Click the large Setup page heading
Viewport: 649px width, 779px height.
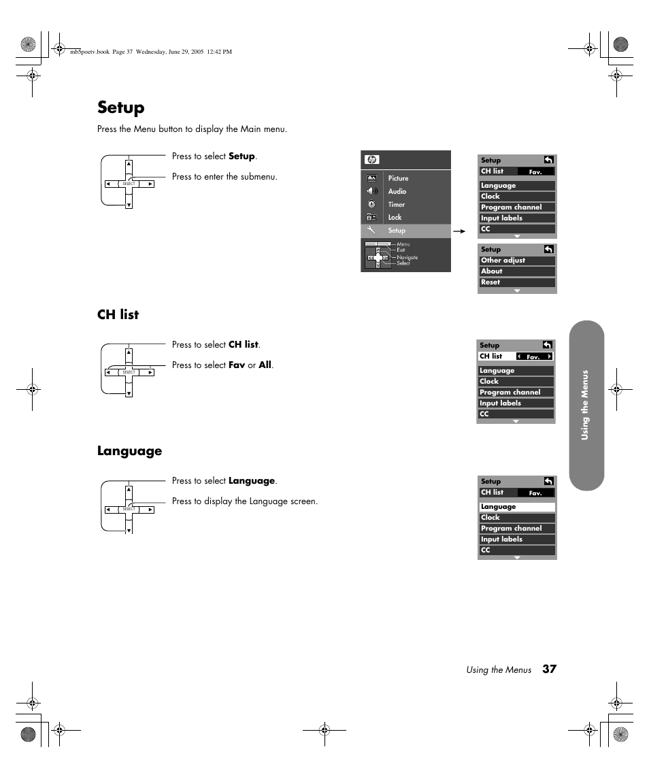[121, 107]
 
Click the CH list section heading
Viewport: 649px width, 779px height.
[118, 314]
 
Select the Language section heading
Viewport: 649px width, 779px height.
[129, 451]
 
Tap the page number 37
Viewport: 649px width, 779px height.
[549, 669]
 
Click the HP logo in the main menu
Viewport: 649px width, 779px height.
[371, 160]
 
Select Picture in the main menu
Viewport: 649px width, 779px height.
[398, 178]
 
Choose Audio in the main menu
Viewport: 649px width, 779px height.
[397, 191]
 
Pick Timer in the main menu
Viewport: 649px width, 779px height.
[397, 204]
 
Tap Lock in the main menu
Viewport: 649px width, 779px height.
[395, 218]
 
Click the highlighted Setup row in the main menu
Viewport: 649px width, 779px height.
[405, 231]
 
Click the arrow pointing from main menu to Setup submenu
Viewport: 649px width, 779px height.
[459, 231]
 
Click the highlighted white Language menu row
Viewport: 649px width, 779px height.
[517, 507]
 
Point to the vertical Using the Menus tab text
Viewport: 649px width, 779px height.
[584, 405]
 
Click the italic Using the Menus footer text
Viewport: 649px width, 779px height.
[499, 670]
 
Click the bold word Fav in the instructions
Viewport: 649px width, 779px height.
[237, 365]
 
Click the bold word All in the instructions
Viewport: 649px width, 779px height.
[265, 365]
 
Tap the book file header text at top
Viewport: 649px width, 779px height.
[151, 52]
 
